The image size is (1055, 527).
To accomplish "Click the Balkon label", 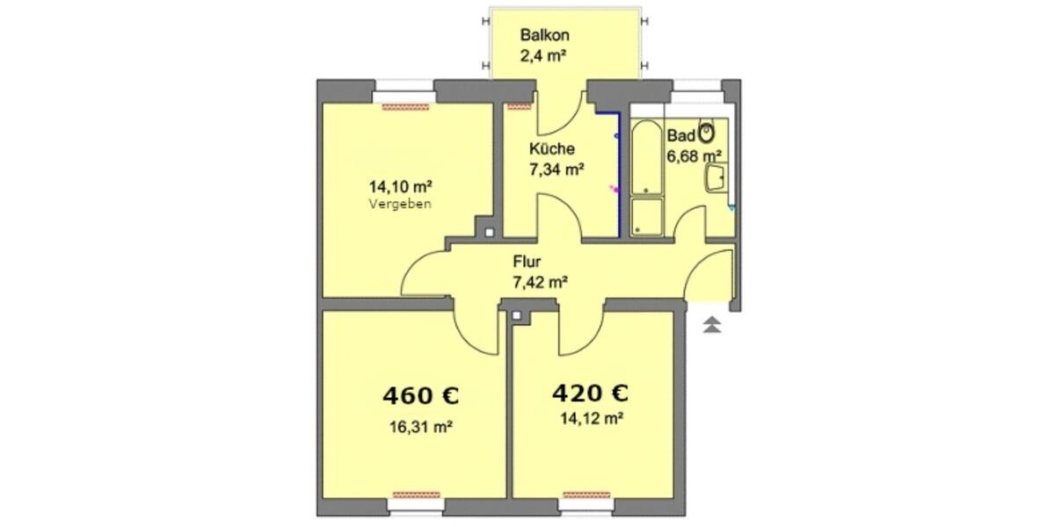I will [x=545, y=36].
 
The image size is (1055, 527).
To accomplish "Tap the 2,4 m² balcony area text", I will [x=542, y=59].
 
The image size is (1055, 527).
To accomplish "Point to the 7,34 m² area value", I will [x=557, y=170].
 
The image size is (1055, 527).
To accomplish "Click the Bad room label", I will [x=680, y=136].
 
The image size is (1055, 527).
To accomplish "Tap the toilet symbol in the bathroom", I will [x=707, y=134].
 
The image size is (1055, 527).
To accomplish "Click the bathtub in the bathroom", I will [x=645, y=158].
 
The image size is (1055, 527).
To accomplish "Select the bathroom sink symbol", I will [x=715, y=179].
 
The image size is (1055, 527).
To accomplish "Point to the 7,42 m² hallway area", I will [x=539, y=282].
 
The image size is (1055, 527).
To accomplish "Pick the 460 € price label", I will [x=421, y=396].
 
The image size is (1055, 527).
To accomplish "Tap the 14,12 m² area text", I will [x=591, y=419].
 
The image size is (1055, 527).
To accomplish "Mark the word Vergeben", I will [x=400, y=204].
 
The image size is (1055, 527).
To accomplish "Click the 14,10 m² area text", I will [x=400, y=186].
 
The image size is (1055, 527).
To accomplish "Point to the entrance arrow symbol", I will [x=712, y=325].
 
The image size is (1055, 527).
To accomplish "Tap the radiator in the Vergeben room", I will [x=405, y=106].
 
